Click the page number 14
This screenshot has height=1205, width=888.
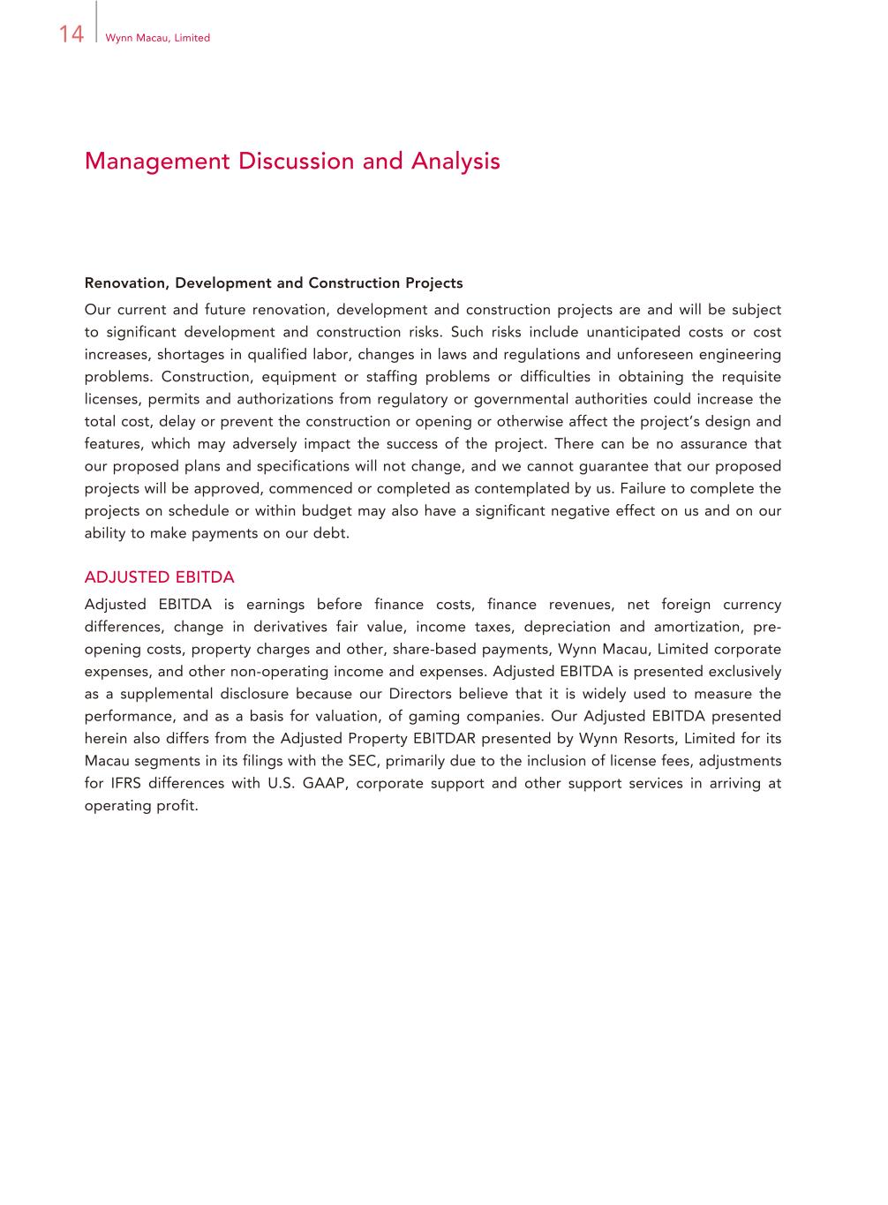point(71,34)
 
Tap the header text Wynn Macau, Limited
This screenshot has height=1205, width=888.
point(157,38)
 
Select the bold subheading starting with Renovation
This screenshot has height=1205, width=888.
point(274,283)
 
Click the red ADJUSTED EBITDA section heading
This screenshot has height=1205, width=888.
point(159,577)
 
